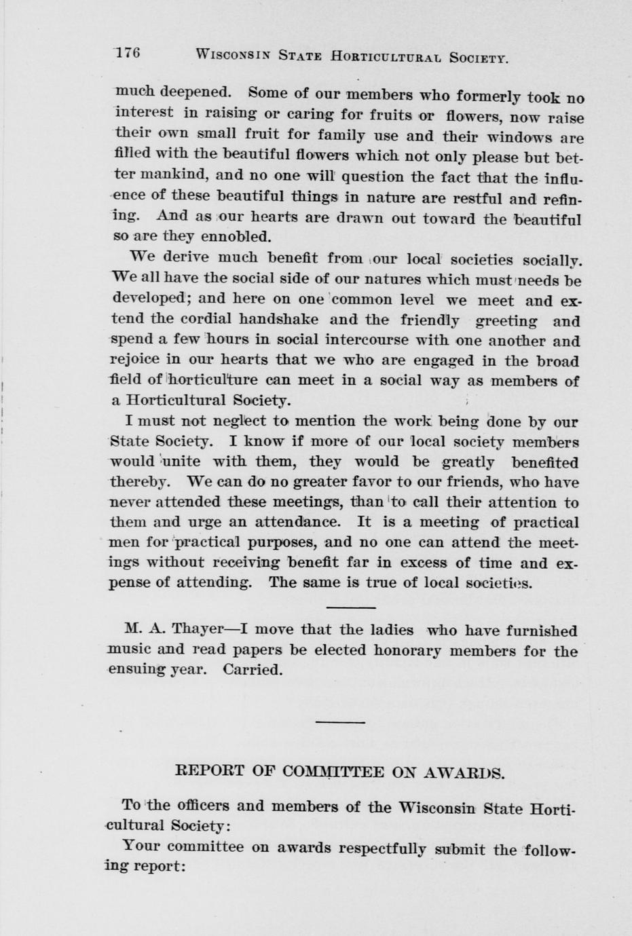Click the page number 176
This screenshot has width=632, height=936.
[x=128, y=53]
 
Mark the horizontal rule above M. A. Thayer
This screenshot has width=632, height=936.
[x=351, y=607]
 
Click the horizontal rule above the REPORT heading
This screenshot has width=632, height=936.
[x=340, y=722]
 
